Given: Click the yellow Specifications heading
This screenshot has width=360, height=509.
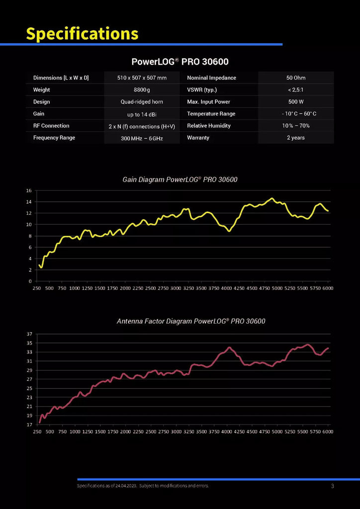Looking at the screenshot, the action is [82, 33].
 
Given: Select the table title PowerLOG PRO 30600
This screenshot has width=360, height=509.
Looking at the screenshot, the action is [180, 62].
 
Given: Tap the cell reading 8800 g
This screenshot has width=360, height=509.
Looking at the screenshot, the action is [142, 90].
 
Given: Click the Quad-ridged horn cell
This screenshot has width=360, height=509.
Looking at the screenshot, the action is [142, 102].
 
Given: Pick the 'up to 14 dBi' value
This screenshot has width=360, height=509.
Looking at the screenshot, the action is [142, 114].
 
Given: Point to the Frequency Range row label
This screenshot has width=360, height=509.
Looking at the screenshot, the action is [54, 138].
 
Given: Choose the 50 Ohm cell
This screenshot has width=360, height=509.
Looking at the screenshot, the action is [296, 78].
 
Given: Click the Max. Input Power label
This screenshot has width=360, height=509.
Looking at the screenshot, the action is [208, 102].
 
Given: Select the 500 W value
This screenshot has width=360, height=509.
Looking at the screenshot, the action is [296, 102].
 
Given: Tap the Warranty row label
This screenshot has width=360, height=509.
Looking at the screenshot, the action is [198, 138].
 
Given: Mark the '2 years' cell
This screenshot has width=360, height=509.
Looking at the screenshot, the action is [296, 138].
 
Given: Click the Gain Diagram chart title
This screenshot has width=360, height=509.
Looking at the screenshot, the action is [180, 179].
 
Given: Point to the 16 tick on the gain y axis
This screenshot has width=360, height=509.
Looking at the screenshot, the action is [29, 190].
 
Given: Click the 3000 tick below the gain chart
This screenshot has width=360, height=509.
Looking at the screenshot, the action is [176, 288].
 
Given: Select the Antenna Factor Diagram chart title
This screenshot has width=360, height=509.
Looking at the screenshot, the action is [191, 322].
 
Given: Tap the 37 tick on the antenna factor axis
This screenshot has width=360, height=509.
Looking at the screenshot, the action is [29, 334].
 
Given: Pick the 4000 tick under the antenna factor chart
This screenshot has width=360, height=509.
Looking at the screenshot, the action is [226, 432].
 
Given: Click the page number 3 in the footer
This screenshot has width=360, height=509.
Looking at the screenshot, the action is [332, 486].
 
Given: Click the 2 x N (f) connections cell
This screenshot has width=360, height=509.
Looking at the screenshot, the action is [142, 126].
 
